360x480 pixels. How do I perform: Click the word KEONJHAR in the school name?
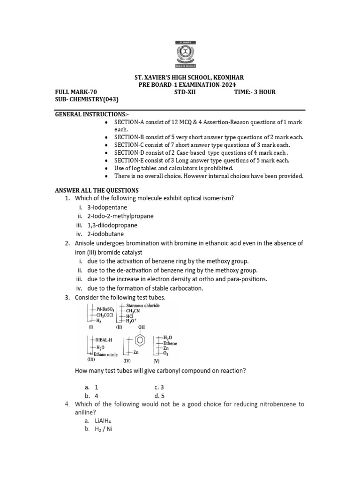point(227,77)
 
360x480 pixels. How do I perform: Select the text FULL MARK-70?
point(76,92)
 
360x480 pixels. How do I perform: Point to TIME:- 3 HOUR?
point(255,92)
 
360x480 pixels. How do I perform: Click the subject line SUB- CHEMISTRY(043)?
point(87,99)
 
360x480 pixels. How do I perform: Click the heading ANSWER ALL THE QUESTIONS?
point(97,190)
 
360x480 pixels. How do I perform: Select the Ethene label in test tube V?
point(170,343)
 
